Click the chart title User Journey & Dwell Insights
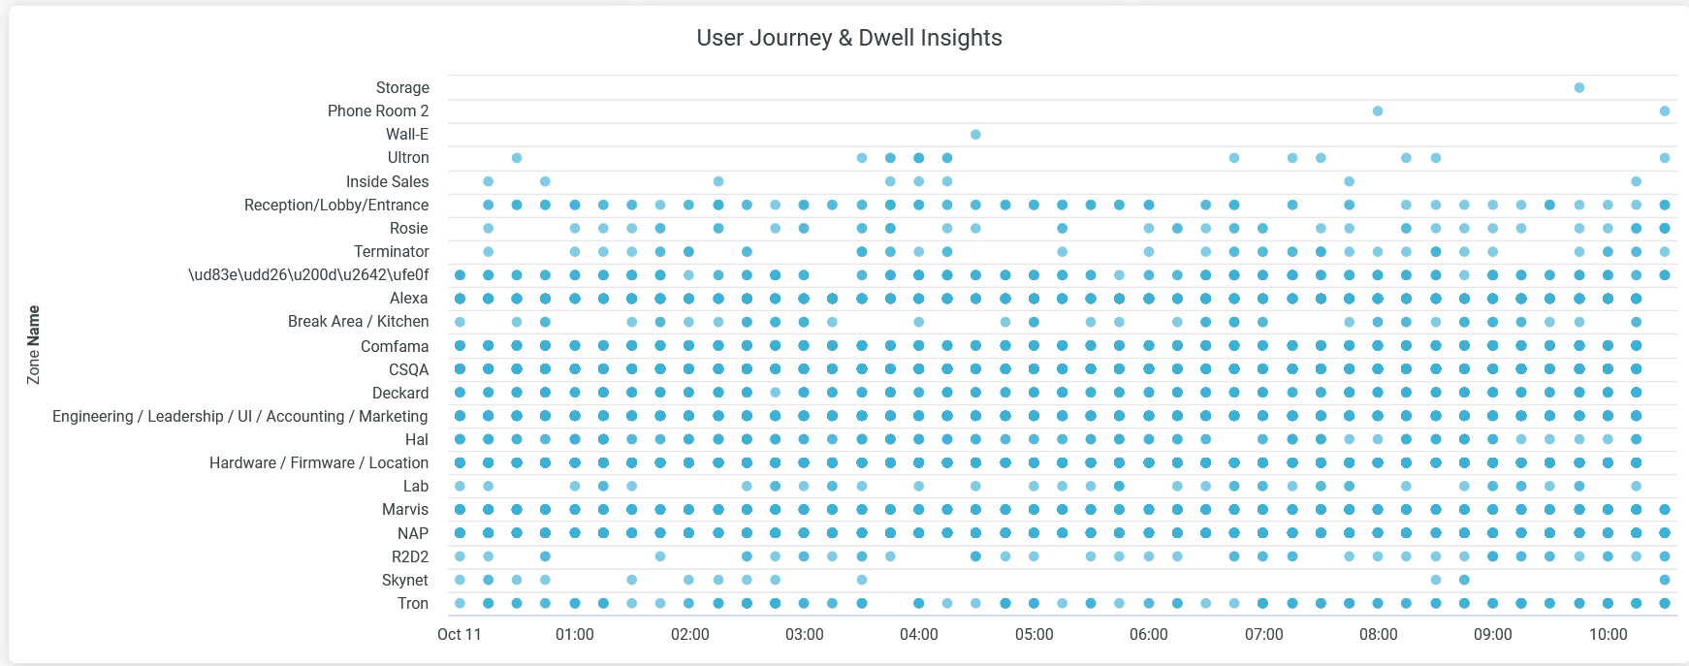click(x=848, y=38)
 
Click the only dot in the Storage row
click(x=1579, y=88)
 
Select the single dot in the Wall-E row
click(x=975, y=135)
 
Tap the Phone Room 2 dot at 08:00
click(x=1378, y=111)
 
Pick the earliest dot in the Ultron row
click(x=517, y=158)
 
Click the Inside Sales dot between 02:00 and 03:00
click(x=718, y=181)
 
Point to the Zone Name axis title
click(x=34, y=345)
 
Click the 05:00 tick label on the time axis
click(x=1034, y=634)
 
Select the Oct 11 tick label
click(x=459, y=634)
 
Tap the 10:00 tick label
click(x=1608, y=634)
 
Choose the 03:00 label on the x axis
click(x=804, y=634)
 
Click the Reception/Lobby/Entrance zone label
click(x=335, y=205)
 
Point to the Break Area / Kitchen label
click(x=358, y=321)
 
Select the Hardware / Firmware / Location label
click(x=318, y=462)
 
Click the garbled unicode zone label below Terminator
click(x=307, y=274)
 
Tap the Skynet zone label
click(x=404, y=580)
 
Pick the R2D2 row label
click(x=409, y=556)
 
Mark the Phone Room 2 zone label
click(x=377, y=111)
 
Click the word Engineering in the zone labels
click(x=93, y=416)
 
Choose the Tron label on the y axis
click(x=412, y=603)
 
